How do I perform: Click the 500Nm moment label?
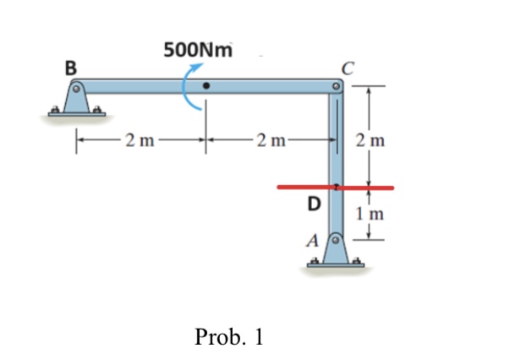196,49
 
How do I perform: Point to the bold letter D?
315,204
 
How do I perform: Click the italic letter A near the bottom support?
312,240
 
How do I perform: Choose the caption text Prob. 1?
228,336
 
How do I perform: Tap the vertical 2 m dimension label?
372,139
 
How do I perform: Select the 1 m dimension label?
372,214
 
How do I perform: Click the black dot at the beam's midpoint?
206,86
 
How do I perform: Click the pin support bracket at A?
336,254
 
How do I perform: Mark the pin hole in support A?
336,241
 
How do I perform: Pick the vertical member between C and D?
336,135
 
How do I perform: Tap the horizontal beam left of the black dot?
135,86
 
